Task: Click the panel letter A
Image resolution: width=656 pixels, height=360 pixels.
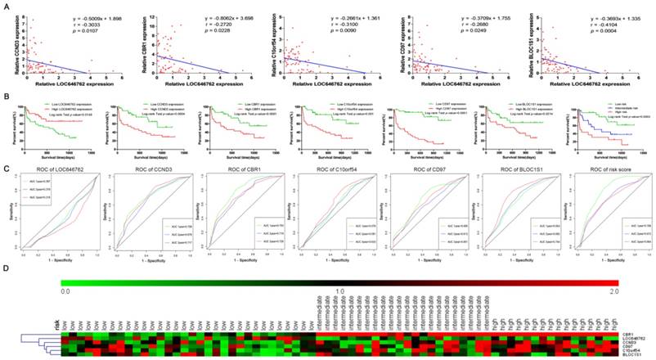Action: [x=6, y=6]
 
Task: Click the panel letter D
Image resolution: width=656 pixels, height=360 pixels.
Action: [x=6, y=267]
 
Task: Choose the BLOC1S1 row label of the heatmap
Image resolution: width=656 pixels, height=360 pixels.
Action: [x=631, y=356]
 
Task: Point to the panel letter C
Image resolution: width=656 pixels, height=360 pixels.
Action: [x=6, y=145]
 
